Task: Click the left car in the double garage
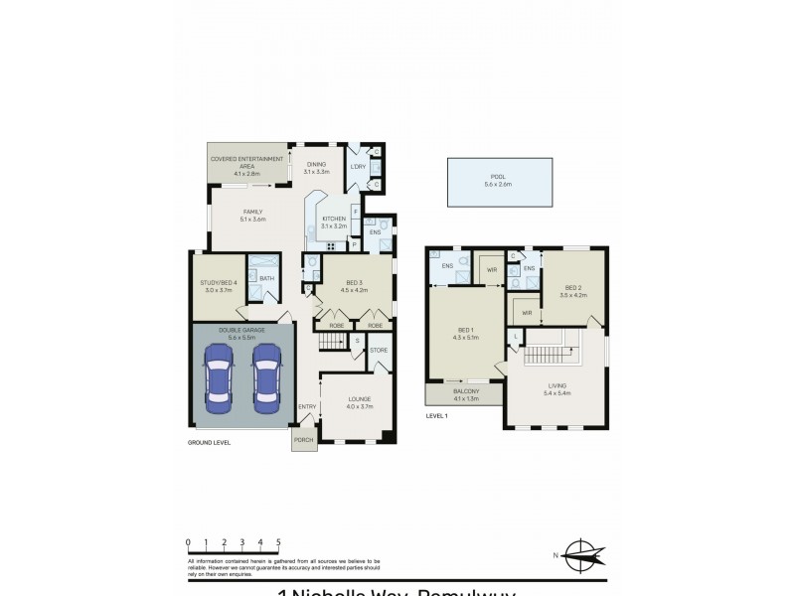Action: tap(219, 379)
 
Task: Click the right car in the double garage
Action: tap(266, 379)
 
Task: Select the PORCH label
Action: tap(303, 442)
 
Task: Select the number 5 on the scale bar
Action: tap(278, 542)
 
